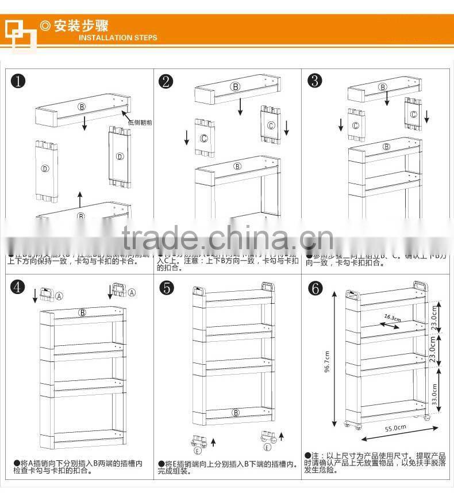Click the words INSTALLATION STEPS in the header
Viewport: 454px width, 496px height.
pyautogui.click(x=117, y=38)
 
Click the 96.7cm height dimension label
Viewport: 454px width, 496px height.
pyautogui.click(x=327, y=361)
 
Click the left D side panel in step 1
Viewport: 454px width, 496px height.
pyautogui.click(x=45, y=169)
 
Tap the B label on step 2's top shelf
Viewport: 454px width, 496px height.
pyautogui.click(x=234, y=87)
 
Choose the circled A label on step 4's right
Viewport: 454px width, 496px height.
pyautogui.click(x=132, y=292)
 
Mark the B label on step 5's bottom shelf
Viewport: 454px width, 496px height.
pyautogui.click(x=235, y=412)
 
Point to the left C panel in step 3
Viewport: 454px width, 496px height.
pyautogui.click(x=356, y=125)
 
